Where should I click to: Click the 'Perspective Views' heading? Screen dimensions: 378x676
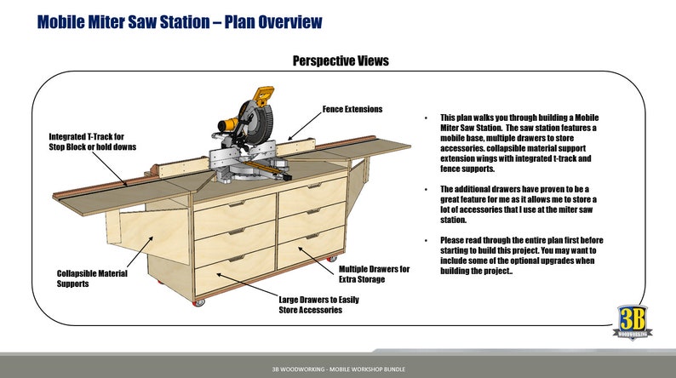341,61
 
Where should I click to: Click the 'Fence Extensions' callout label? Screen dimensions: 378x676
352,109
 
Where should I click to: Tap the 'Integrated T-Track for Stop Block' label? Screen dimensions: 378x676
87,141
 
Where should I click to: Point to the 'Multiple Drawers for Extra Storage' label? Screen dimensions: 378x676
375,274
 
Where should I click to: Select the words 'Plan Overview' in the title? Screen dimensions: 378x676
275,21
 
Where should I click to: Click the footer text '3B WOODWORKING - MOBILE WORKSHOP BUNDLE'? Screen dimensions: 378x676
338,369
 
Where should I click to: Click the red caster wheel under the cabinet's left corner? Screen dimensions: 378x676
201,301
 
